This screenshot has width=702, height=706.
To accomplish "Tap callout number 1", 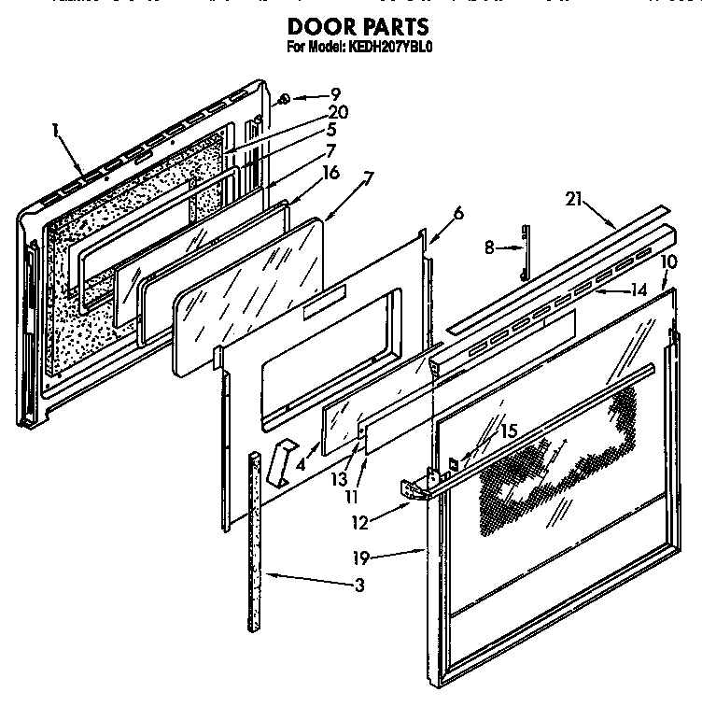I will (x=57, y=132).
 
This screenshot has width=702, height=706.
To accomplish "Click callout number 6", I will (x=457, y=213).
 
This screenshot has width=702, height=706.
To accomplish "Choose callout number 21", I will (x=572, y=197).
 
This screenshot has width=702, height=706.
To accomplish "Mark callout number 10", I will (x=668, y=261).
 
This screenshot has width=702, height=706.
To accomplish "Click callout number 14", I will (x=637, y=290).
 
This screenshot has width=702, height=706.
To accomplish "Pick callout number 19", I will (x=359, y=558).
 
